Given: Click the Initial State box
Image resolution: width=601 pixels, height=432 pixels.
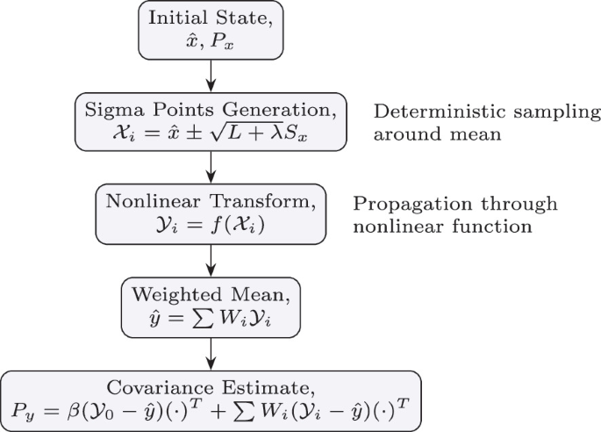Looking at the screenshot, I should pos(211,30).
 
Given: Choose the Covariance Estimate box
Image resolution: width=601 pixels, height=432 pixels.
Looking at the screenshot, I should pos(211,399).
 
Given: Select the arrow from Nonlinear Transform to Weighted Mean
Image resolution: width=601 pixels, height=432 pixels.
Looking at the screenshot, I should pos(211,258).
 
